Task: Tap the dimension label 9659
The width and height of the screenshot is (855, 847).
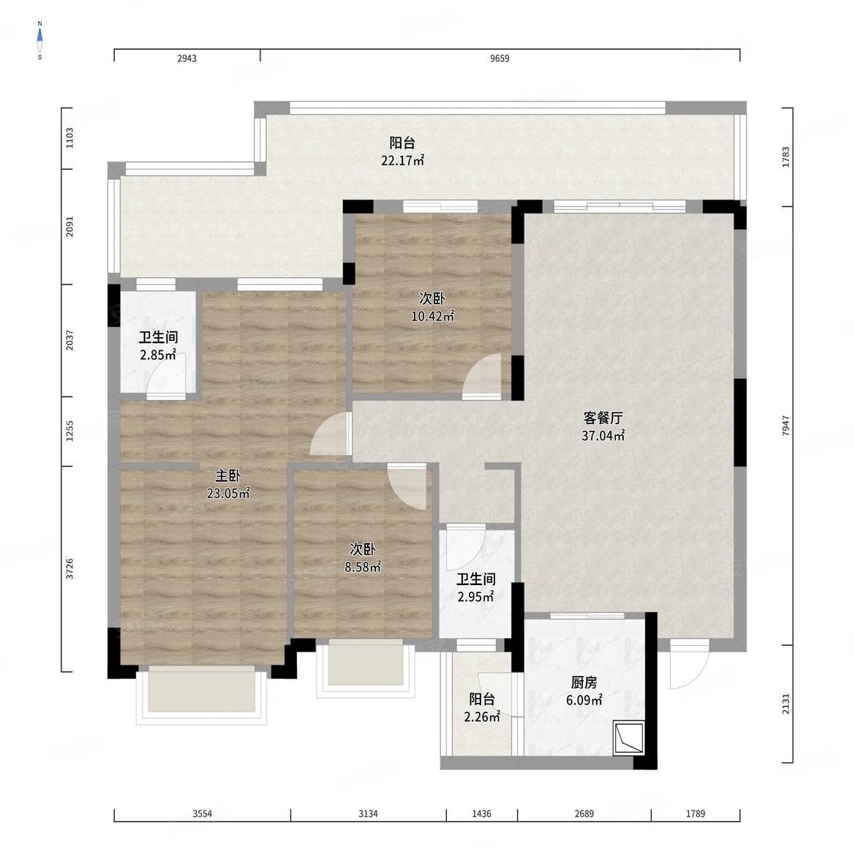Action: click(x=500, y=59)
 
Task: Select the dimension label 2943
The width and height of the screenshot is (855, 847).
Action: click(x=187, y=59)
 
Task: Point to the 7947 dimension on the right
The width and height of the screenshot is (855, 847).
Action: click(x=786, y=426)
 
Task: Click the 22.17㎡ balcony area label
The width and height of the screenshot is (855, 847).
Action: click(x=402, y=160)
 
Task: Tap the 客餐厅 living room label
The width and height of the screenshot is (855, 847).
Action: click(x=603, y=418)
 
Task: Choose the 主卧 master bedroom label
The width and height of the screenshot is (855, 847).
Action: click(x=228, y=475)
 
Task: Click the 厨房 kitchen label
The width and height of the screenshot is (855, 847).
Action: click(x=584, y=682)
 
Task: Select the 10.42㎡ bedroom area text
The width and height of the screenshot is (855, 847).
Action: click(x=432, y=316)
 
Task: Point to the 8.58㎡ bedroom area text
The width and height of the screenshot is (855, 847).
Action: click(x=363, y=567)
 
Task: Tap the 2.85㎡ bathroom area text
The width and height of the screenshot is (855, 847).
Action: click(x=158, y=355)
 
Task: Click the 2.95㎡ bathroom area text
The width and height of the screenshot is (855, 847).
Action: click(x=475, y=597)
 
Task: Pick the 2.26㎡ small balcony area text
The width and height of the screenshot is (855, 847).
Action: click(x=482, y=717)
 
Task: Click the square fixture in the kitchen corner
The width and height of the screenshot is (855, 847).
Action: click(x=628, y=738)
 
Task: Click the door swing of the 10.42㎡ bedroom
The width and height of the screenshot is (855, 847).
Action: click(x=481, y=377)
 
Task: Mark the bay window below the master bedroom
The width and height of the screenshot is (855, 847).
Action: click(x=202, y=694)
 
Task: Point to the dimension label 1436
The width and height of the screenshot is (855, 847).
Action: click(x=481, y=814)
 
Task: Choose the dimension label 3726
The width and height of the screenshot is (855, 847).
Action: click(x=69, y=569)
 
